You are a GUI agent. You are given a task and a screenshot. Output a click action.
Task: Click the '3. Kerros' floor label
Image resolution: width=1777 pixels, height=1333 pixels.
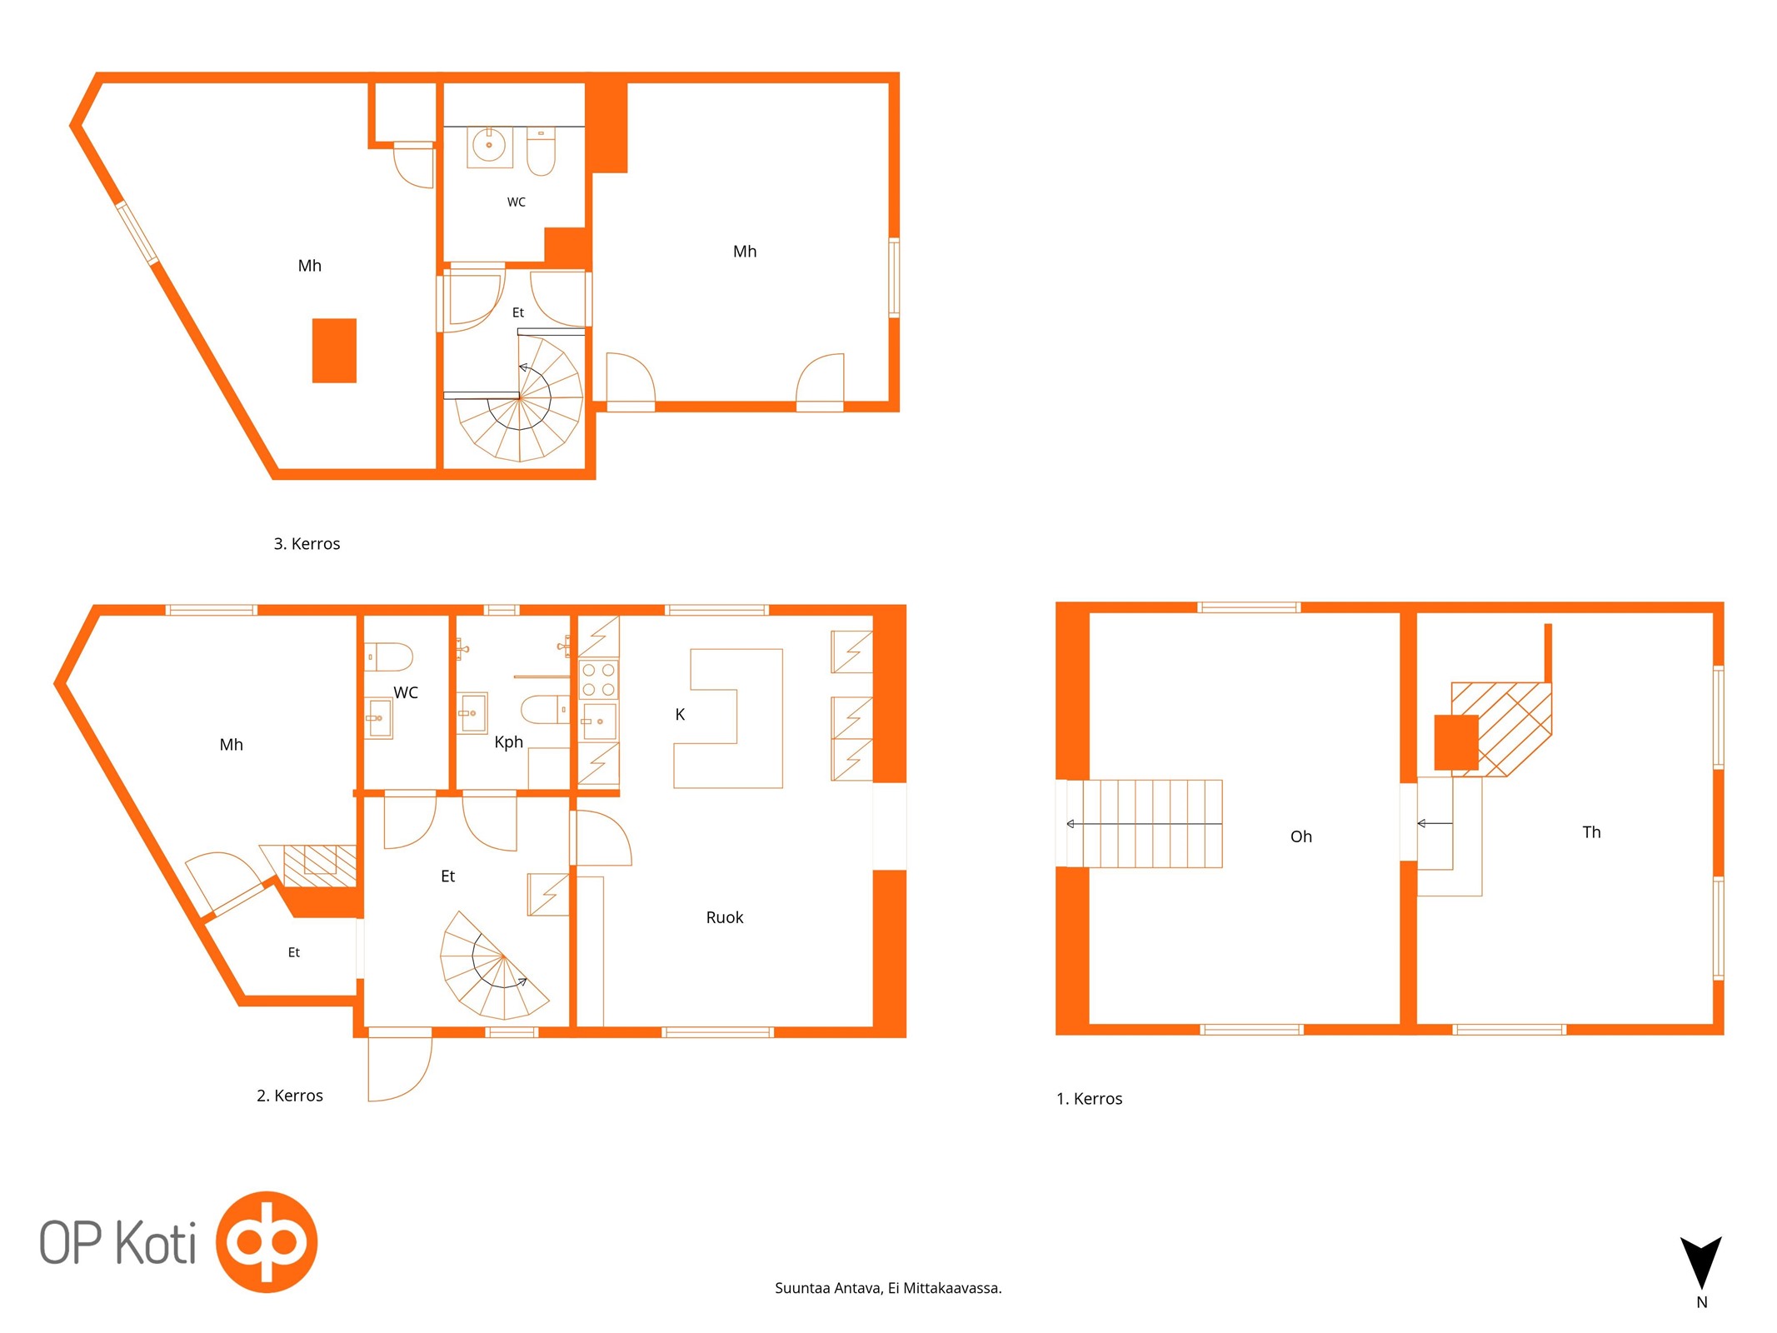(x=307, y=544)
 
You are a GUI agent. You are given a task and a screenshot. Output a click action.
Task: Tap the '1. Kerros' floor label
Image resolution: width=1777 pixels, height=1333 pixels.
(x=1089, y=1099)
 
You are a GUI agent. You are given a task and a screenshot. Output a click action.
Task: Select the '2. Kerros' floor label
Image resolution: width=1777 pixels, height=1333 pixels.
(x=289, y=1096)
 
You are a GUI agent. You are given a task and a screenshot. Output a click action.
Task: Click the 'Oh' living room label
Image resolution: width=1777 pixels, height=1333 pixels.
(x=1300, y=836)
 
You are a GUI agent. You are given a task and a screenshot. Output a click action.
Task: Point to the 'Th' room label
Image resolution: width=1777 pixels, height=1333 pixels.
(x=1591, y=832)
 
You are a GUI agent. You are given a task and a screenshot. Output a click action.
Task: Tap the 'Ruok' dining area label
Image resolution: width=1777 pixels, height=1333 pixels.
(x=724, y=917)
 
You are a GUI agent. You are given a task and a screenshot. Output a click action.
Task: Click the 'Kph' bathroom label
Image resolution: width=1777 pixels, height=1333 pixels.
(x=508, y=742)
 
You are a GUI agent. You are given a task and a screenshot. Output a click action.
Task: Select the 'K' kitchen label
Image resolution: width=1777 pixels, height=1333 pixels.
(x=680, y=714)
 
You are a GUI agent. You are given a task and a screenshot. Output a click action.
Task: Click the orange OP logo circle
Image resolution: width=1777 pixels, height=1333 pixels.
(x=267, y=1241)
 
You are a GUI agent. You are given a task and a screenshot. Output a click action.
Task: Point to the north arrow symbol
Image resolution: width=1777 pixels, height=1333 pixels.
(x=1700, y=1262)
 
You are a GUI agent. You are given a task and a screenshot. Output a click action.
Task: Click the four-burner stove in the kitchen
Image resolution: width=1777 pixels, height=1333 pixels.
(x=598, y=679)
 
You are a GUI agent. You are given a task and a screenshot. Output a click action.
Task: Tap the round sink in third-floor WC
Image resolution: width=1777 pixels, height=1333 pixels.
(x=489, y=145)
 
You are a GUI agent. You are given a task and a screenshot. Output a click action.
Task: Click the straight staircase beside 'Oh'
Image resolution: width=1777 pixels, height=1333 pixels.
(x=1144, y=823)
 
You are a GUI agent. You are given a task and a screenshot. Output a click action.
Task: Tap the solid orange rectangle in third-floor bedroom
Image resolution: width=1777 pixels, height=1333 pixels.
(x=334, y=351)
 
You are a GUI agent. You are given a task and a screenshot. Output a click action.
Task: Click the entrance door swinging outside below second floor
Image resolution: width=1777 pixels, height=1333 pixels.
(x=400, y=1069)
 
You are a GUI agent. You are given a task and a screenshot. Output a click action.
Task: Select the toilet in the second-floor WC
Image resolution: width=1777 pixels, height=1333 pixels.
(x=389, y=657)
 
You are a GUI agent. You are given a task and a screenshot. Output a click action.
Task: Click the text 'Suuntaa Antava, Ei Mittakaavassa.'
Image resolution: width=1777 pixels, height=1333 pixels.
(x=888, y=1288)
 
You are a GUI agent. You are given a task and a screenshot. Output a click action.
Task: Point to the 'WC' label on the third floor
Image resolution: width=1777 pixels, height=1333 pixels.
(x=517, y=202)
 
